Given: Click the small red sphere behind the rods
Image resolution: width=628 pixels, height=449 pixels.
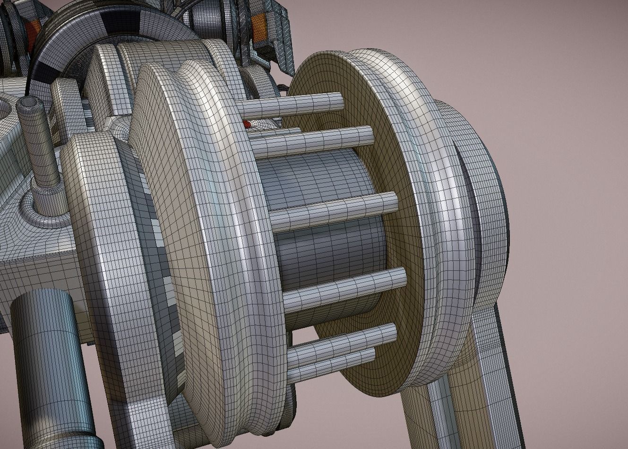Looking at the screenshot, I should pos(246,124).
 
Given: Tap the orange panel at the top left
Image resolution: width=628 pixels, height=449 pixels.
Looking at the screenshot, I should pos(33,30).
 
